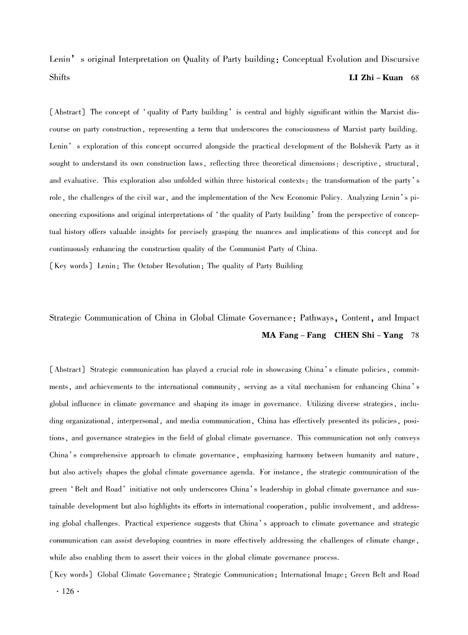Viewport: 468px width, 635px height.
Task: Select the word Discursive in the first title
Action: coord(397,60)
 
